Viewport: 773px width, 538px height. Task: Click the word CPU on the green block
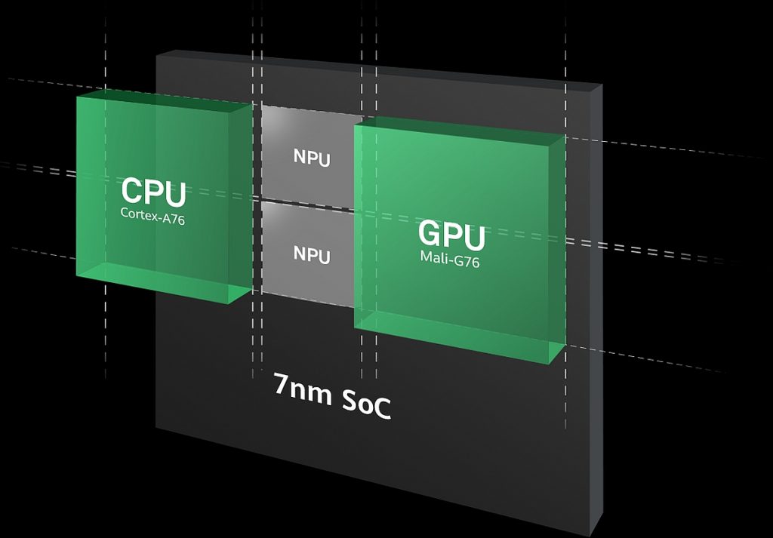click(x=153, y=192)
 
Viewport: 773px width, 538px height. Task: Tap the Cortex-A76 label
click(x=152, y=217)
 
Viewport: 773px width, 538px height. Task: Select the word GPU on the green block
click(x=451, y=235)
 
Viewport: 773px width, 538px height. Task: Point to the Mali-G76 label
click(x=450, y=259)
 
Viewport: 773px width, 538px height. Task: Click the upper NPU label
click(x=312, y=158)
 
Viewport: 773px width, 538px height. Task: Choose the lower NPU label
click(x=312, y=255)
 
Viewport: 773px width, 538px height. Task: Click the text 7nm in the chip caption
click(x=302, y=389)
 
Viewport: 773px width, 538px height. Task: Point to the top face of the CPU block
click(x=163, y=100)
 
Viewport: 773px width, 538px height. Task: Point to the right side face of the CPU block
click(x=241, y=202)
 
